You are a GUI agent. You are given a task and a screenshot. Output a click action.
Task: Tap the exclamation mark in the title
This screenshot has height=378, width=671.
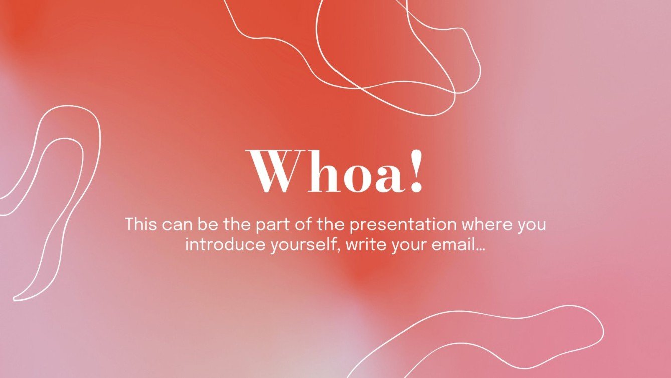[416, 170]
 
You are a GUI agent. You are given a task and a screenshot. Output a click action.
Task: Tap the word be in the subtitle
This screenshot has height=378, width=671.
[208, 224]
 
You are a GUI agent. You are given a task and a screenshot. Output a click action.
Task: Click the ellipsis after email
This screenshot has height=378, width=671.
[480, 250]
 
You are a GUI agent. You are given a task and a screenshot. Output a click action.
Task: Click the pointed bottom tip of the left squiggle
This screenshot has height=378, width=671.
[14, 299]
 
